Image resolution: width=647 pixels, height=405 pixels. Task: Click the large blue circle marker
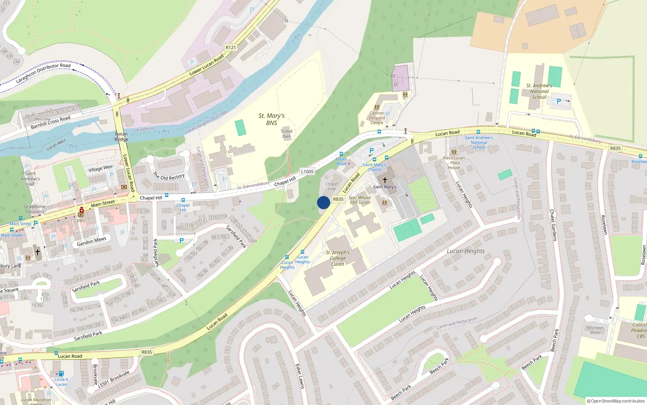(x=323, y=202)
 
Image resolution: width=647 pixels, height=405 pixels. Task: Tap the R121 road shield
(x=230, y=47)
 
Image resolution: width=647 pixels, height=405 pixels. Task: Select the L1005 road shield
(x=307, y=172)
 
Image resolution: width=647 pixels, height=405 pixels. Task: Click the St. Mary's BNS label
(x=271, y=119)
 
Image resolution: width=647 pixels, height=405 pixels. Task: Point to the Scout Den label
(x=287, y=134)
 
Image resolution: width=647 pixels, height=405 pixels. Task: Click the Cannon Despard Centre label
(x=376, y=118)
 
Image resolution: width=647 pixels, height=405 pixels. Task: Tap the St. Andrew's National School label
(x=539, y=91)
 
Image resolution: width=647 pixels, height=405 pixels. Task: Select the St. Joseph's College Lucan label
(x=338, y=258)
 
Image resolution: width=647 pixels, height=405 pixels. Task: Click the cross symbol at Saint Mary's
(x=385, y=180)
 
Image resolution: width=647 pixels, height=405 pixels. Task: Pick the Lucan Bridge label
(x=121, y=136)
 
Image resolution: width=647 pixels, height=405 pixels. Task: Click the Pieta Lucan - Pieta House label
(x=454, y=163)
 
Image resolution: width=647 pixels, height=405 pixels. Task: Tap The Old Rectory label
(x=169, y=176)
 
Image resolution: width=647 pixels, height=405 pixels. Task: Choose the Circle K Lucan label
(x=61, y=382)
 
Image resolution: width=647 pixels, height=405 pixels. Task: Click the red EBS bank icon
(x=81, y=211)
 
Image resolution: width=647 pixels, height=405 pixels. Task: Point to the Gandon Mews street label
(x=91, y=241)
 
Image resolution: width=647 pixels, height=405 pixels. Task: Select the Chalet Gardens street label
(x=553, y=225)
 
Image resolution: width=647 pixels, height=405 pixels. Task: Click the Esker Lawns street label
(x=300, y=376)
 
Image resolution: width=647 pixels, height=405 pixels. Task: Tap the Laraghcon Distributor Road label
(x=43, y=73)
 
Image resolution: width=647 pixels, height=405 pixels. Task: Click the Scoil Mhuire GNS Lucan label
(x=359, y=200)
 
